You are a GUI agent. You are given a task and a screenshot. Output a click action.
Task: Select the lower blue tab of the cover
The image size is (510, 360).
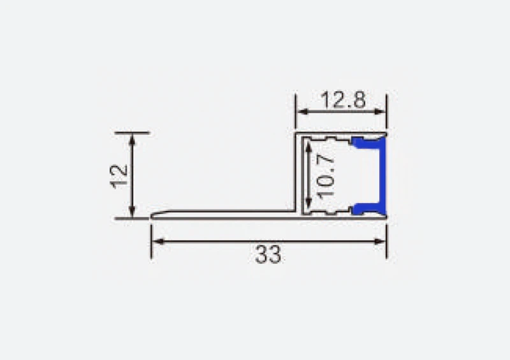click(366, 208)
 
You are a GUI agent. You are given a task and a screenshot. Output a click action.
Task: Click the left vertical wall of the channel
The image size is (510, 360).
click(297, 172)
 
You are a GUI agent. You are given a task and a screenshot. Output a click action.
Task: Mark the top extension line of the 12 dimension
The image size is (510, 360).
click(132, 133)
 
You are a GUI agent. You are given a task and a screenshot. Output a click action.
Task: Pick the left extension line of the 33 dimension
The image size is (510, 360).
click(151, 239)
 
